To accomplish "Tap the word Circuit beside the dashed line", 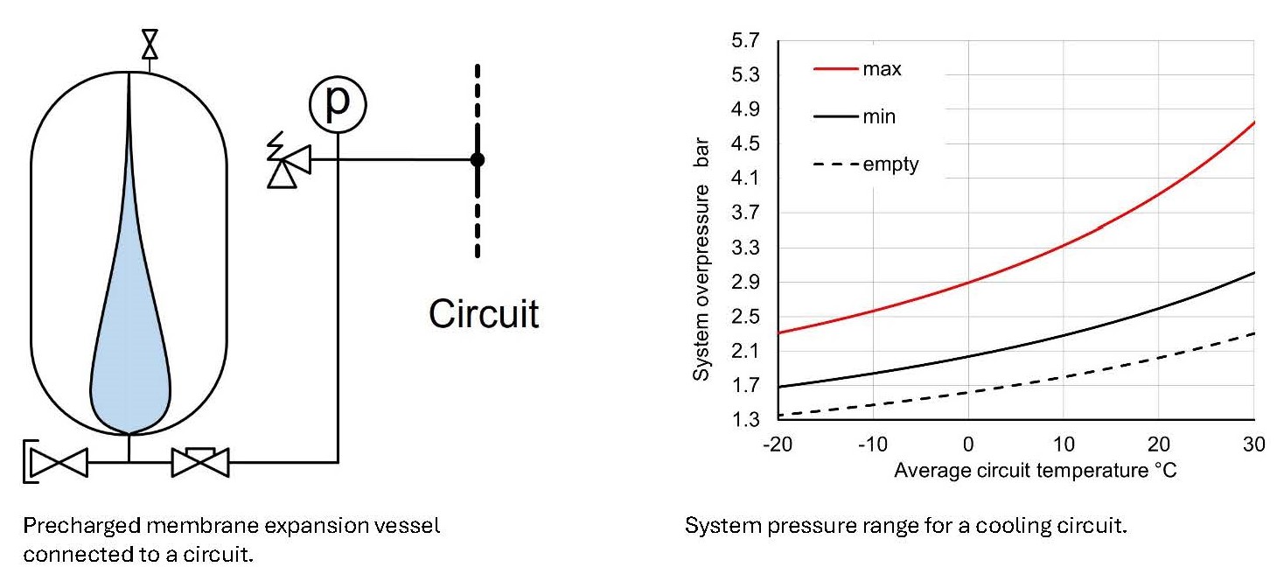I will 484,313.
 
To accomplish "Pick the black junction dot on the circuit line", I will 477,159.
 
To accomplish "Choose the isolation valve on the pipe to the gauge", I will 200,461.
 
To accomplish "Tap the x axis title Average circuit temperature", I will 1035,471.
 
